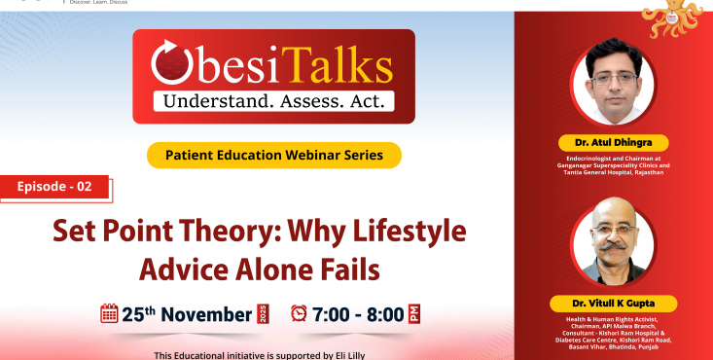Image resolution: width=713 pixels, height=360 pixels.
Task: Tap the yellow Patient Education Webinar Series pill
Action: pyautogui.click(x=274, y=155)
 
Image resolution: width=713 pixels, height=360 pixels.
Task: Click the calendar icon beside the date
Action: pyautogui.click(x=109, y=313)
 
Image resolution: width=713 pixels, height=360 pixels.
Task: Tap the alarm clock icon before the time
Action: pyautogui.click(x=300, y=313)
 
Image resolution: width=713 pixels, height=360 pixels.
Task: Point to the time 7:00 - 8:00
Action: pyautogui.click(x=357, y=314)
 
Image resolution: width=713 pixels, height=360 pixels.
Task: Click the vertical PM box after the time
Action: pyautogui.click(x=414, y=313)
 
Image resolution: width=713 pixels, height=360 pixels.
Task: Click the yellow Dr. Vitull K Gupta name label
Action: pyautogui.click(x=612, y=304)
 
